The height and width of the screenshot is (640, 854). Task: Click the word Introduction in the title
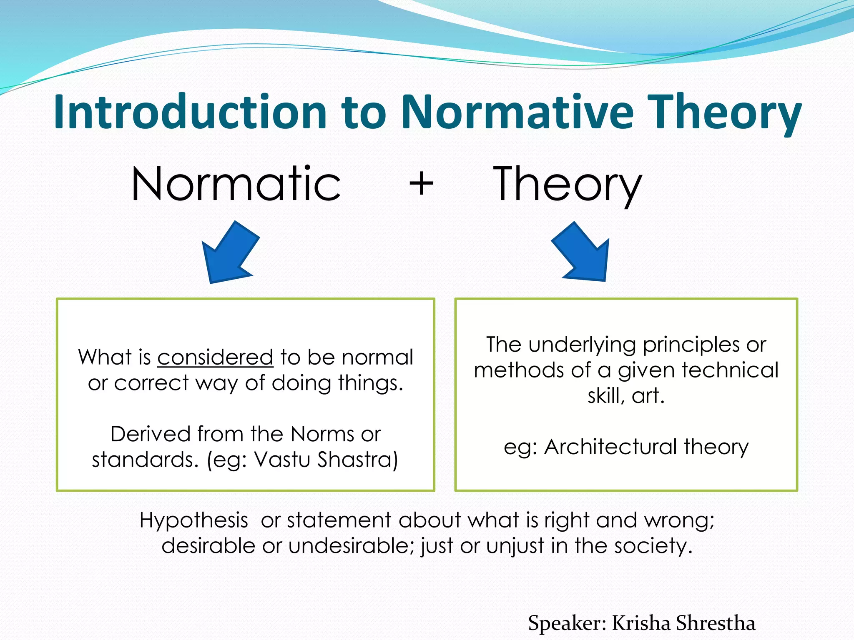pyautogui.click(x=190, y=112)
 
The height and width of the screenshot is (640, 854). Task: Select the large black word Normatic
pyautogui.click(x=236, y=184)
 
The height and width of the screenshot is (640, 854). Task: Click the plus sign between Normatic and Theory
pyautogui.click(x=421, y=184)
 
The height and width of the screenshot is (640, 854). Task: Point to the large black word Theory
pyautogui.click(x=567, y=184)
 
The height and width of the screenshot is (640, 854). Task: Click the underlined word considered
pyautogui.click(x=215, y=357)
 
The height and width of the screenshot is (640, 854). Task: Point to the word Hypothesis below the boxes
pyautogui.click(x=194, y=520)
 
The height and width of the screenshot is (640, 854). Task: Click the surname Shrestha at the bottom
pyautogui.click(x=715, y=623)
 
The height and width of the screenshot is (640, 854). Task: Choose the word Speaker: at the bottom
pyautogui.click(x=567, y=623)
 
